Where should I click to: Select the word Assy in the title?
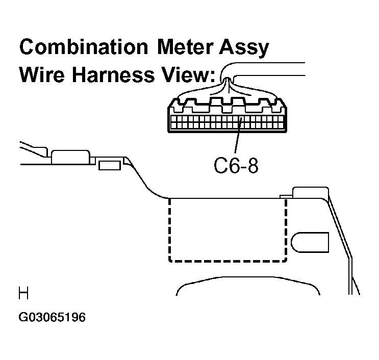tap(244, 48)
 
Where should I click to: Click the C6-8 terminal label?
tap(236, 166)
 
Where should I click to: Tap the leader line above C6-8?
tap(238, 135)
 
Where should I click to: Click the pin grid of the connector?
tap(227, 122)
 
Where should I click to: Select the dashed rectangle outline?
tap(169, 229)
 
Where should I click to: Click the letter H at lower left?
tap(23, 293)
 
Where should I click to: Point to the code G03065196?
tap(52, 317)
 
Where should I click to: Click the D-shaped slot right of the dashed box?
tap(310, 242)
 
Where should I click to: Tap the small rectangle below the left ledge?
tap(110, 166)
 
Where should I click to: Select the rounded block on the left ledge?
tap(70, 157)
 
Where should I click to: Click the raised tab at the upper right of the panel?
tap(311, 192)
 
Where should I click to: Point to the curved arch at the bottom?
tap(248, 278)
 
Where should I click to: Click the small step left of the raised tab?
tap(286, 196)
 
